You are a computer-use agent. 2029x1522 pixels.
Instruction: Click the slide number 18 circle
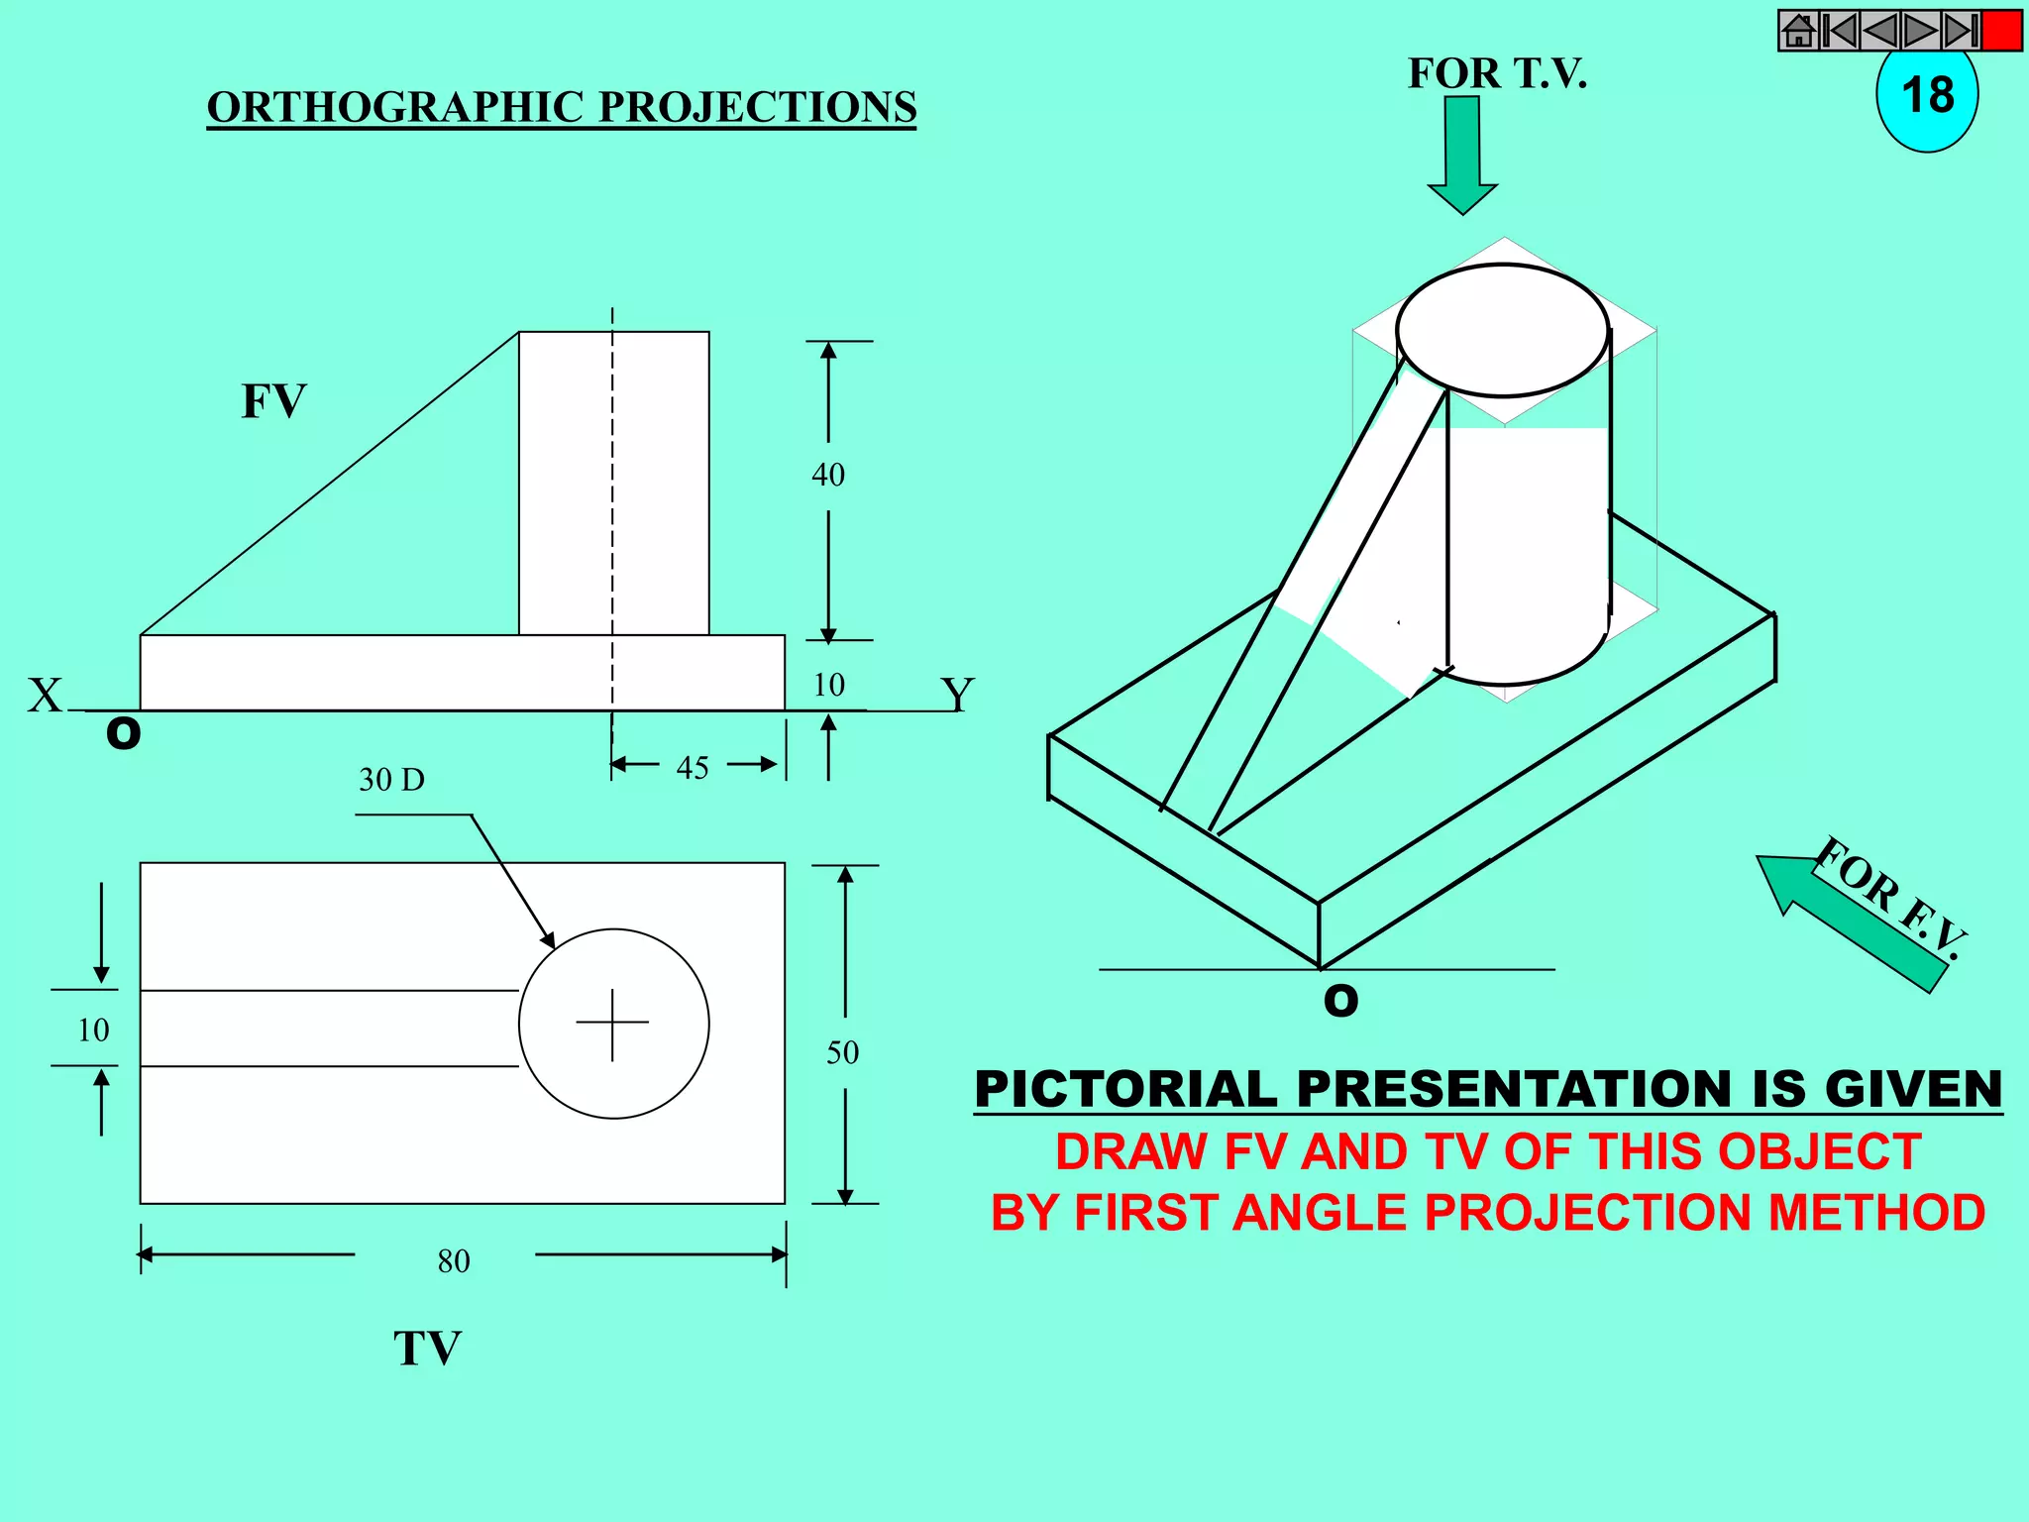coord(1926,97)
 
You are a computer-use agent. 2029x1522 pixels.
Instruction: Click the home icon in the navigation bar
coord(1799,31)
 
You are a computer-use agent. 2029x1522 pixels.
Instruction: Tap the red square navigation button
coord(2001,31)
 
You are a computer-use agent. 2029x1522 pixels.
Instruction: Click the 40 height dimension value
coord(828,475)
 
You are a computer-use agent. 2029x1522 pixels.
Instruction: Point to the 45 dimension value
coord(693,768)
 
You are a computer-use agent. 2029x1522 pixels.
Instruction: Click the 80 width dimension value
coord(454,1261)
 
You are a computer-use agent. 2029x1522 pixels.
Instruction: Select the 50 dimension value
coord(842,1052)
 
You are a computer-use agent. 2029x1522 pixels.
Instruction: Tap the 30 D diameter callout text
coord(391,780)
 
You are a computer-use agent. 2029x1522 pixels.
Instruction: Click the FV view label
coord(273,401)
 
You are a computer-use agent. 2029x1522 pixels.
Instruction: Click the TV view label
coord(427,1349)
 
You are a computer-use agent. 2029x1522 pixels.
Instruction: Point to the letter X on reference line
coord(45,695)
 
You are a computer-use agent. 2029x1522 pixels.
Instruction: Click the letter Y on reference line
coord(957,693)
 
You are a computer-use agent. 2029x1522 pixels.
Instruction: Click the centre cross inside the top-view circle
coord(612,1023)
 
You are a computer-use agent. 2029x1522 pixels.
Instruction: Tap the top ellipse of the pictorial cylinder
coord(1502,330)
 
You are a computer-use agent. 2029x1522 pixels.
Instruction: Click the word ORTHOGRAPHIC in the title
coord(396,107)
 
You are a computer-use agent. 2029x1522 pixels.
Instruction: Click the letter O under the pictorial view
coord(1341,1001)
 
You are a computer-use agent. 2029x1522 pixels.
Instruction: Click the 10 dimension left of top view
coord(93,1031)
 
